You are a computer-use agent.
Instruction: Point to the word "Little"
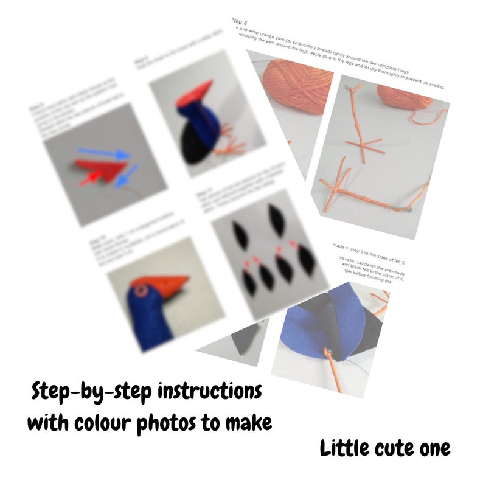pyautogui.click(x=348, y=449)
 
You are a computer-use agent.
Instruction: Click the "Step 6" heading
pyautogui.click(x=239, y=22)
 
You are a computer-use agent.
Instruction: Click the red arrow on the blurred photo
pyautogui.click(x=90, y=177)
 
